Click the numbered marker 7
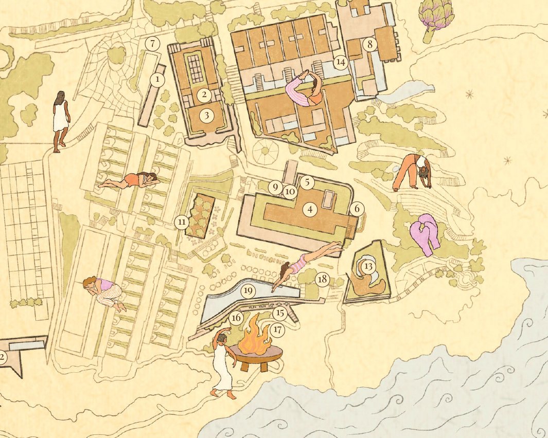tap(152, 44)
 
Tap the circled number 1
tap(157, 80)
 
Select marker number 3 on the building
tap(207, 115)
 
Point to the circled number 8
tap(369, 44)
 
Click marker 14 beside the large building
tap(340, 62)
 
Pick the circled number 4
tap(309, 209)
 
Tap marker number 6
tap(356, 209)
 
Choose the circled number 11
tap(182, 222)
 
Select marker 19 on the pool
tap(248, 291)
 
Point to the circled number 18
tap(322, 280)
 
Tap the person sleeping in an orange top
tap(131, 180)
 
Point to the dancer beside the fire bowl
tap(224, 363)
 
